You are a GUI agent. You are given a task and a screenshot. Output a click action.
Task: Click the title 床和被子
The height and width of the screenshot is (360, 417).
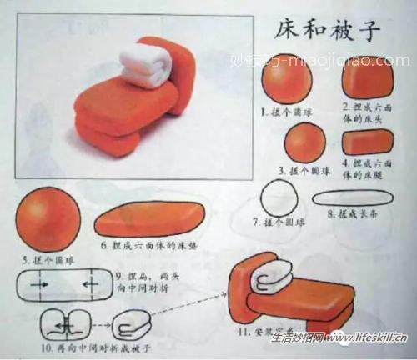(328, 31)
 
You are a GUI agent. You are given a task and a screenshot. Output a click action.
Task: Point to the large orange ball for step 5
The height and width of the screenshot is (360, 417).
(47, 219)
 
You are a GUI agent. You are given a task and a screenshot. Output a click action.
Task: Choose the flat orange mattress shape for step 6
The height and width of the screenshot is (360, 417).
(148, 220)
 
